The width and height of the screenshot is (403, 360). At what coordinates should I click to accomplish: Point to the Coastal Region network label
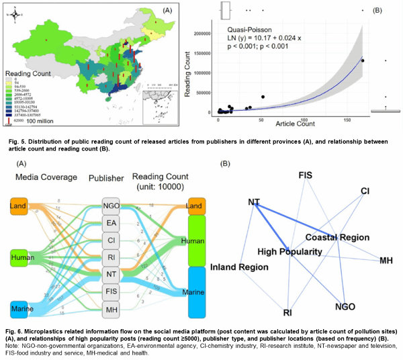pyautogui.click(x=333, y=237)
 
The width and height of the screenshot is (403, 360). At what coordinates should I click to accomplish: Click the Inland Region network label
pyautogui.click(x=240, y=267)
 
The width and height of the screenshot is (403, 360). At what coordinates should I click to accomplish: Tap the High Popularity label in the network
pyautogui.click(x=289, y=252)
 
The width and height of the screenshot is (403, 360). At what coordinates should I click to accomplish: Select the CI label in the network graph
pyautogui.click(x=365, y=191)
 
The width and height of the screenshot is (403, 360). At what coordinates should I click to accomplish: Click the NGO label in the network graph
pyautogui.click(x=346, y=307)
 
